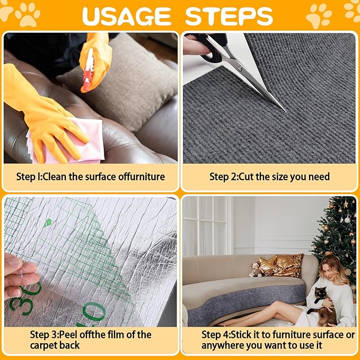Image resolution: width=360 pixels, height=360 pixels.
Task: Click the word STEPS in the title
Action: tap(229, 16)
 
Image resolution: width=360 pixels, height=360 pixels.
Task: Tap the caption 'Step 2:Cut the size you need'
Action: tap(269, 177)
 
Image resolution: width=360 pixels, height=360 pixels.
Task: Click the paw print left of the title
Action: tap(27, 14)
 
